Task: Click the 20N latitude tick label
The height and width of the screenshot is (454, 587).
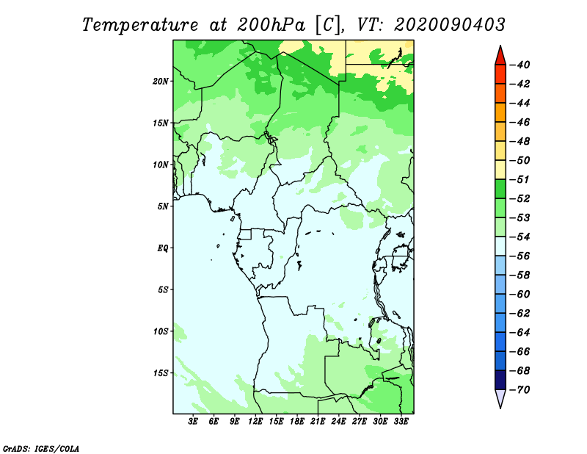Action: pyautogui.click(x=161, y=82)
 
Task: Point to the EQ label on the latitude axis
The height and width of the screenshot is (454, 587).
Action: pyautogui.click(x=163, y=248)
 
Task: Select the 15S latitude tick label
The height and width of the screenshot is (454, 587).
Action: pyautogui.click(x=161, y=373)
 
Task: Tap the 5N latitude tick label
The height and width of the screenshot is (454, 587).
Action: pyautogui.click(x=163, y=206)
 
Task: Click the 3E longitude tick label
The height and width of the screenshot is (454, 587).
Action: pyautogui.click(x=193, y=421)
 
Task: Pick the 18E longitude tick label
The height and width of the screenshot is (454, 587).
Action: pyautogui.click(x=297, y=421)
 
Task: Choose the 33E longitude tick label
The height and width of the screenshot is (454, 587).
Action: pyautogui.click(x=401, y=421)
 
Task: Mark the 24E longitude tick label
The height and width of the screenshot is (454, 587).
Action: pyautogui.click(x=338, y=421)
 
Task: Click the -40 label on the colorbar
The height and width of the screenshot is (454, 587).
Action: pyautogui.click(x=520, y=65)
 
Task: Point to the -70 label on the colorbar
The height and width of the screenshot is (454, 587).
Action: pyautogui.click(x=520, y=390)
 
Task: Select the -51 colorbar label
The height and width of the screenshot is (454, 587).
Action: pyautogui.click(x=520, y=179)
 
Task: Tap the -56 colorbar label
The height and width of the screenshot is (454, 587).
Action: pyautogui.click(x=520, y=256)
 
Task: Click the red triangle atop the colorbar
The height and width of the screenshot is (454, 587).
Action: pyautogui.click(x=500, y=57)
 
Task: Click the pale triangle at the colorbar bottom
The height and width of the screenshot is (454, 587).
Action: pyautogui.click(x=500, y=397)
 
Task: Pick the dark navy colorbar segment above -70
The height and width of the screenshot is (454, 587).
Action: pyautogui.click(x=500, y=380)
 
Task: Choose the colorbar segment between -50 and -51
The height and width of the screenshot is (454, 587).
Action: pyautogui.click(x=500, y=170)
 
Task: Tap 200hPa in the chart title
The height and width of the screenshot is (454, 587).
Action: pyautogui.click(x=271, y=25)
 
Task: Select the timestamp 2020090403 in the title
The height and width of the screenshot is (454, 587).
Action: pyautogui.click(x=450, y=25)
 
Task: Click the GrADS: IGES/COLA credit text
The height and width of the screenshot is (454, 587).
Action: pyautogui.click(x=41, y=449)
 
